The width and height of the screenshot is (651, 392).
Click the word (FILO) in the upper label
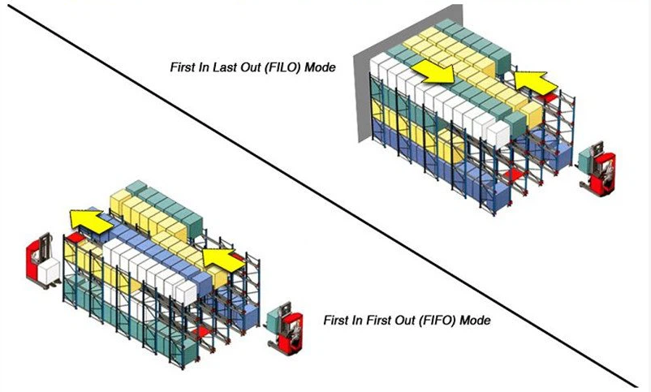click(x=282, y=67)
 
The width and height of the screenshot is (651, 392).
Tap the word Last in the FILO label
click(x=223, y=67)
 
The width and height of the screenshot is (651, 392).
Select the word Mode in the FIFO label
click(x=476, y=320)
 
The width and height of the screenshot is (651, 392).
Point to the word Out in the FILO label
click(x=249, y=67)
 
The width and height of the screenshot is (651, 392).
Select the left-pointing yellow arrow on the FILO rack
click(x=535, y=83)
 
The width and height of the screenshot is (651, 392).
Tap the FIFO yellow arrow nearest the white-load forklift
click(x=92, y=220)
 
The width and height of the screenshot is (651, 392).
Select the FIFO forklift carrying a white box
click(x=42, y=261)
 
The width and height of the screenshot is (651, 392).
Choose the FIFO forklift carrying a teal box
click(x=284, y=326)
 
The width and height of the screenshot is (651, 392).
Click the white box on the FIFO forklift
click(x=50, y=270)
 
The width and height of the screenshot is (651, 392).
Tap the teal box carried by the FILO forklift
click(x=586, y=158)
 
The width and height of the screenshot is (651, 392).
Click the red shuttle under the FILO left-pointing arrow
click(x=547, y=98)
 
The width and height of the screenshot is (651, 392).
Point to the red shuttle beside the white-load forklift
click(x=75, y=237)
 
